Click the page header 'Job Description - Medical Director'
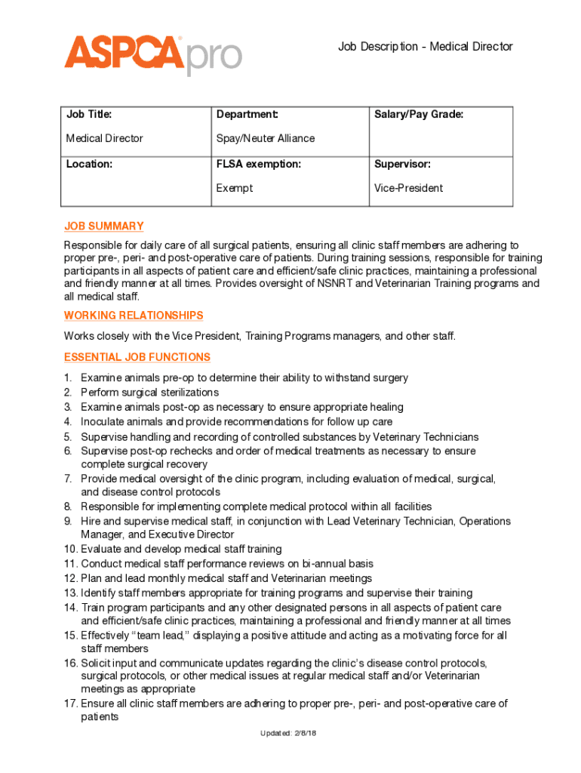click(x=425, y=47)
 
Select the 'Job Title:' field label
click(x=89, y=115)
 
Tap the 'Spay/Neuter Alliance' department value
click(x=266, y=138)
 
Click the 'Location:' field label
click(x=89, y=164)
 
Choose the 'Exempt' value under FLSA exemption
click(x=235, y=188)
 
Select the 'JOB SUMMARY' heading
click(x=103, y=226)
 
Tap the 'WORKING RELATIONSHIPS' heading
click(x=134, y=316)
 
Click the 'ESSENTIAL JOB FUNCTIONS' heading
click(x=137, y=357)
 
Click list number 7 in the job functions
click(x=68, y=479)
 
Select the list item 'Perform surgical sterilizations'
click(x=149, y=393)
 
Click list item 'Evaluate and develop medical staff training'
click(x=181, y=549)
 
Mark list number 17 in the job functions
click(x=71, y=704)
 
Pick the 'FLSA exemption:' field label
click(x=258, y=164)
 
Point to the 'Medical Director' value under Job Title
click(x=104, y=138)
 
